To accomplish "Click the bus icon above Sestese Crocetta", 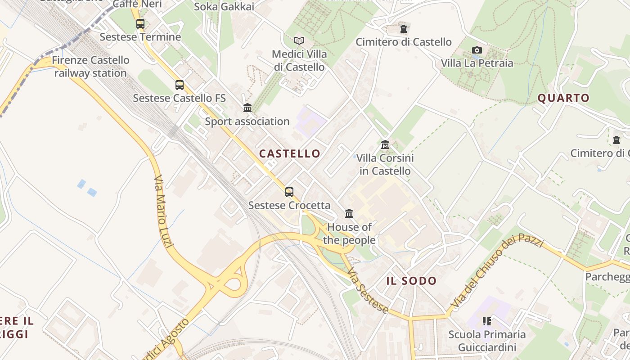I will coord(289,192).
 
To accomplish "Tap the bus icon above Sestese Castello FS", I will coord(179,85).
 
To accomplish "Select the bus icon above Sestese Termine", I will coord(140,24).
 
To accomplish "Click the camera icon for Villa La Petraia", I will coord(477,50).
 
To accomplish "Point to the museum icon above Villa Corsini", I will coord(385,145).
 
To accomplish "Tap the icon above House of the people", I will coord(349,213).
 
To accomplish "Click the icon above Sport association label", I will coord(247,108).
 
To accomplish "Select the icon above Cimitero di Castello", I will coord(404,29).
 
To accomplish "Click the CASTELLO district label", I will coord(290,153).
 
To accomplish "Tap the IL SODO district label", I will coord(411,281).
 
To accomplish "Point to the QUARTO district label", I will coord(563,98).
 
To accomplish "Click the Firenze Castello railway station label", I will coord(90,67).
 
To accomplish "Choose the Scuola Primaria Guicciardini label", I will coord(487,341).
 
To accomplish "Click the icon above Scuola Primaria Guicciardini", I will coord(486,321).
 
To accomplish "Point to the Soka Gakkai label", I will coord(224,7).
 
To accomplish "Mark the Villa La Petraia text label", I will coord(477,63).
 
